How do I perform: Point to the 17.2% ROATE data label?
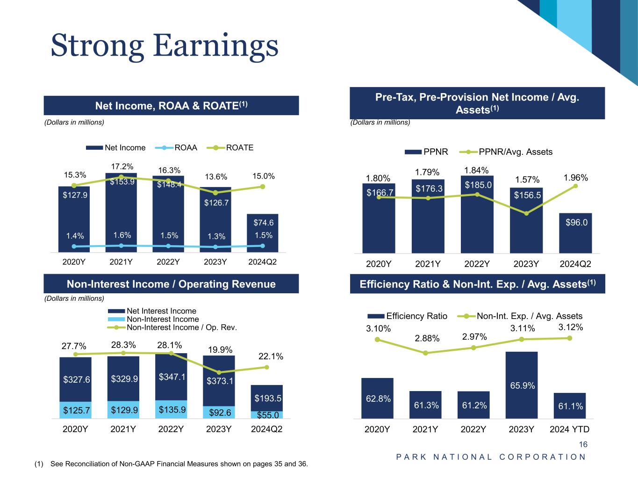[122, 167]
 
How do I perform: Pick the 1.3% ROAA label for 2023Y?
[216, 236]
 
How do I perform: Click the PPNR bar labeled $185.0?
[478, 215]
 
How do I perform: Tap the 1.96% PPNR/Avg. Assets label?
[575, 178]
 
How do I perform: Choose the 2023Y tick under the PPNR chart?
[527, 264]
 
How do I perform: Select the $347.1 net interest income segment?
[171, 377]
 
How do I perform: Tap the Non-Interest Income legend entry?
[163, 319]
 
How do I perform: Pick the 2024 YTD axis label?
[569, 429]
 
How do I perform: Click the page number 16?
[583, 445]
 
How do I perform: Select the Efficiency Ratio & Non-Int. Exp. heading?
[477, 284]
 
